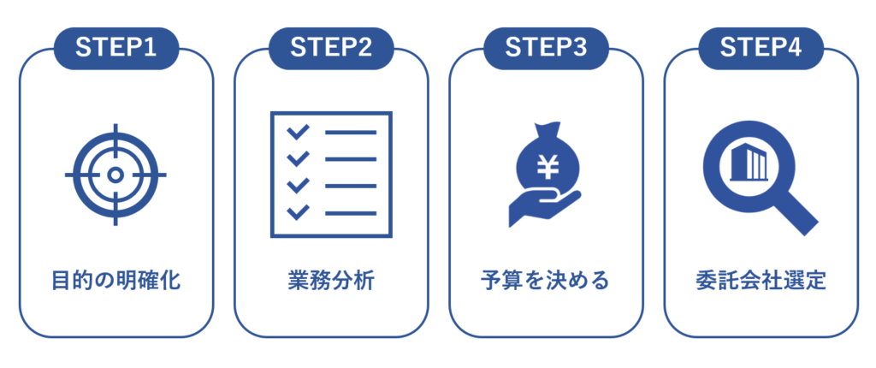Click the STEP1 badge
pyautogui.click(x=116, y=49)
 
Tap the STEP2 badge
pyautogui.click(x=331, y=49)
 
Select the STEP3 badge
pyautogui.click(x=546, y=49)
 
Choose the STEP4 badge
pyautogui.click(x=761, y=49)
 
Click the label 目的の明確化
pyautogui.click(x=116, y=281)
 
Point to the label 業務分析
pyautogui.click(x=331, y=281)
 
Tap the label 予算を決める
pyautogui.click(x=546, y=281)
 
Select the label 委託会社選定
pyautogui.click(x=761, y=281)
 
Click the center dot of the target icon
pyautogui.click(x=115, y=175)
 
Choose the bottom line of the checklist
pyautogui.click(x=350, y=212)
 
